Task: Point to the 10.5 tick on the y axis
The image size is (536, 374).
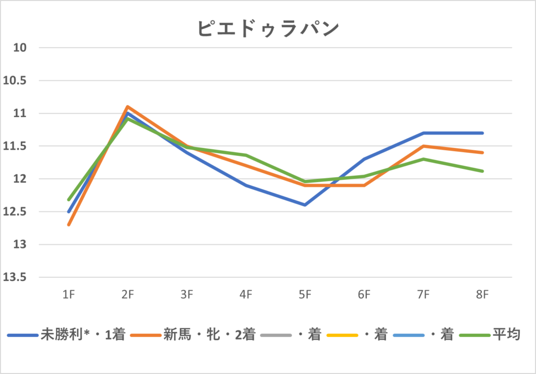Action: point(17,81)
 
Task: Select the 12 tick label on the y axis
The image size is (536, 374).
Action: point(21,179)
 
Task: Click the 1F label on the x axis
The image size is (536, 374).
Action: point(68,295)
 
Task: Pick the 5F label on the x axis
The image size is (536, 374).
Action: point(305,295)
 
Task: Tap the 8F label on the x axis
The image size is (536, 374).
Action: point(483,295)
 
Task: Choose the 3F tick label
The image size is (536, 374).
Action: point(186,295)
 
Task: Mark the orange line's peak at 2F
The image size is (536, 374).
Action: point(127,107)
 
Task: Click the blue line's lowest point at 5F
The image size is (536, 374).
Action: point(305,205)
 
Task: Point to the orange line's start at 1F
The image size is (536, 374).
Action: point(68,225)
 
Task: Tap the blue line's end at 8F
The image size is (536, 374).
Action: point(483,133)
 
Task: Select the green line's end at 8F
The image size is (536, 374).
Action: point(483,171)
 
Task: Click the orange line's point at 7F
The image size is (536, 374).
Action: point(423,146)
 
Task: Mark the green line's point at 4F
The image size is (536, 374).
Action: point(245,155)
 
